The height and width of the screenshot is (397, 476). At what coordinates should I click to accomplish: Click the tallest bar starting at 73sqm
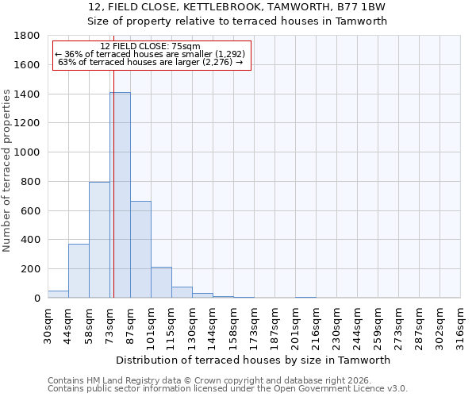pos(120,195)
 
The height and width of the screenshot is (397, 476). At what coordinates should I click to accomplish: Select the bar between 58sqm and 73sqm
pos(99,240)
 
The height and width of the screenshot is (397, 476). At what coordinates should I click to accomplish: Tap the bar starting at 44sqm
pos(79,271)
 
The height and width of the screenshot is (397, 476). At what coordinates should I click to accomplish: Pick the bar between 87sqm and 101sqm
pos(140,249)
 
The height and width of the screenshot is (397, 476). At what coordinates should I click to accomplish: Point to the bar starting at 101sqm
pos(161,283)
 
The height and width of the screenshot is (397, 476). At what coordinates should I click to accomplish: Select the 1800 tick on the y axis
pos(28,36)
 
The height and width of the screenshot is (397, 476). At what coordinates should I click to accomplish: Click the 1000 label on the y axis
pos(28,152)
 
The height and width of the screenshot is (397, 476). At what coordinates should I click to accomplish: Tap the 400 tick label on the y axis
pos(31,240)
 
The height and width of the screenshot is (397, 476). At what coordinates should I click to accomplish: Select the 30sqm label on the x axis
pos(48,323)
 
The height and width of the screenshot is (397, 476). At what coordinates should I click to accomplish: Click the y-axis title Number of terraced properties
pos(7,171)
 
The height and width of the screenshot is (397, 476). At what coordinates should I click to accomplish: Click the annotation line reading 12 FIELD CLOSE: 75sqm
pos(151,46)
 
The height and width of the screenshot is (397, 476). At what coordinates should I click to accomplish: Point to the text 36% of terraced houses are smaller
pos(151,54)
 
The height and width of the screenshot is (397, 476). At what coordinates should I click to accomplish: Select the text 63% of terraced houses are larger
pos(151,62)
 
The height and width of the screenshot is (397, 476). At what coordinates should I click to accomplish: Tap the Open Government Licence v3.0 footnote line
pos(228,389)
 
